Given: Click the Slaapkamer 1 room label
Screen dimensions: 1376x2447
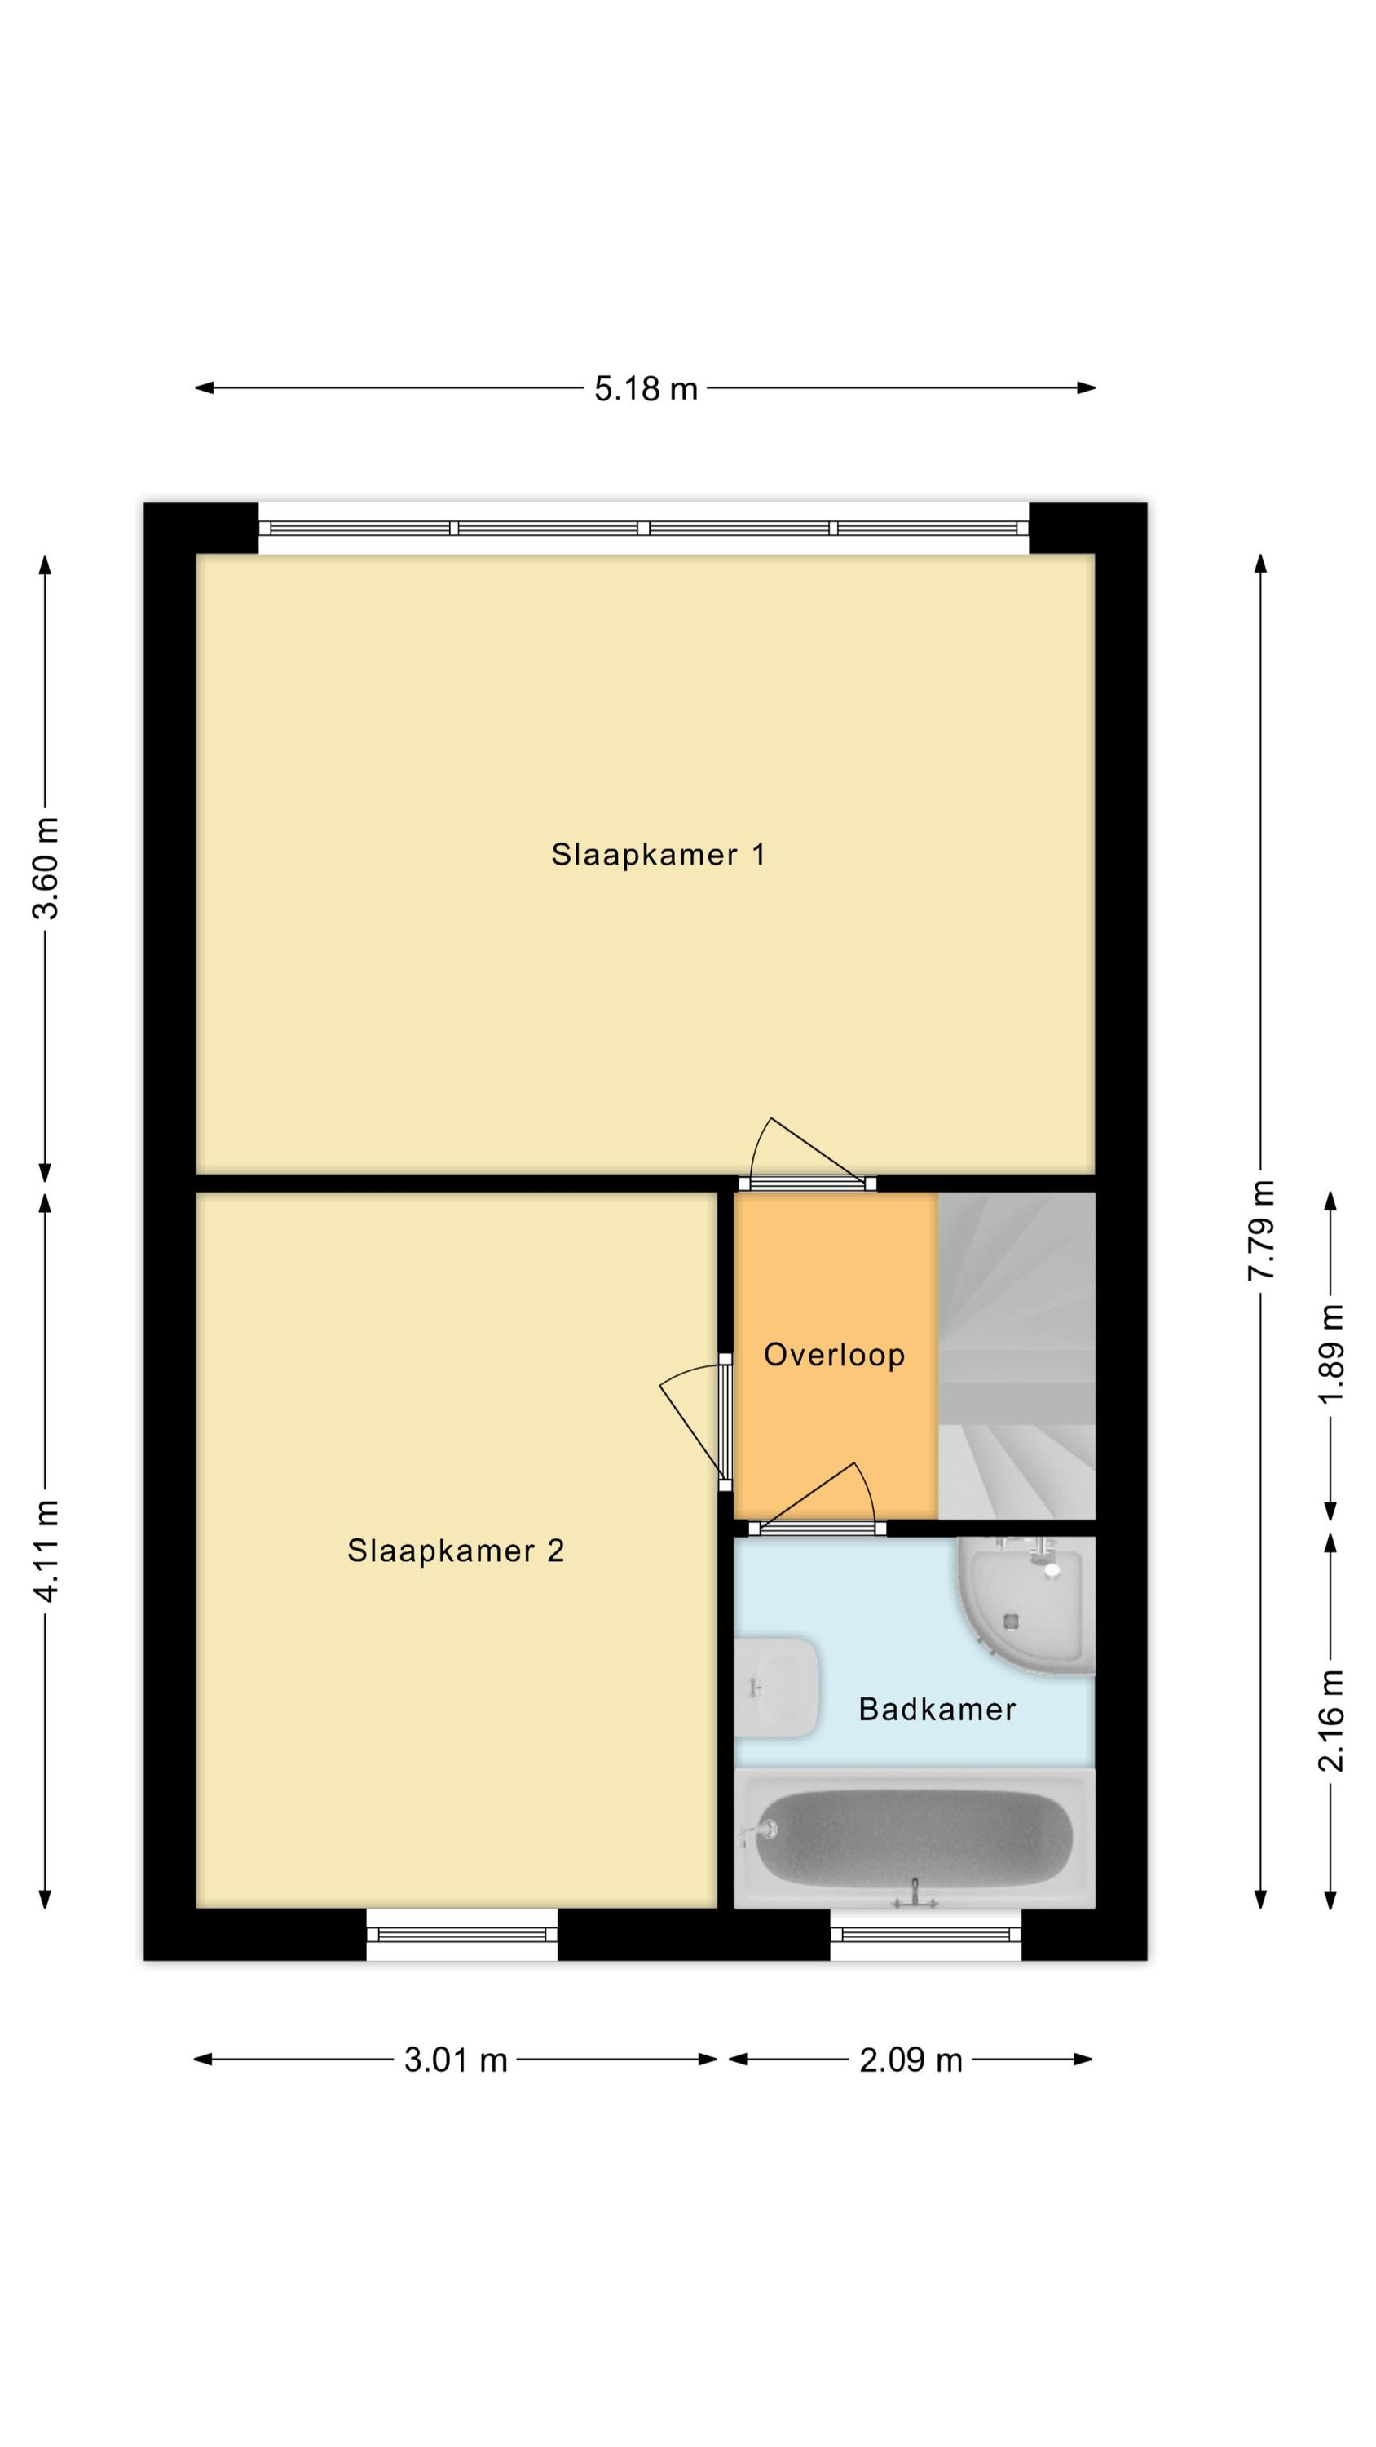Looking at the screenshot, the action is tap(658, 854).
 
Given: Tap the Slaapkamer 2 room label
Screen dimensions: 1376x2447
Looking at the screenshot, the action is tap(456, 1551).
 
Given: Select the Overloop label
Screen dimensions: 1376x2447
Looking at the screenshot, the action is tap(834, 1355).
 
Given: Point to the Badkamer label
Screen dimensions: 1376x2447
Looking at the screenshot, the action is tap(937, 1709).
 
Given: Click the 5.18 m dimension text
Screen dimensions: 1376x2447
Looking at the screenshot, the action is tap(646, 388).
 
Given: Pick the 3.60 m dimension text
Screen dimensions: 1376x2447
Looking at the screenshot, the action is tap(46, 867).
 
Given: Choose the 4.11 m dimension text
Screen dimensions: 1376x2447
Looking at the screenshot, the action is tap(46, 1551).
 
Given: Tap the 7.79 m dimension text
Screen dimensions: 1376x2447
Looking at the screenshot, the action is tap(1261, 1230).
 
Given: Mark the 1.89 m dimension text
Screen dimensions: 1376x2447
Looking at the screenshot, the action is tap(1330, 1352).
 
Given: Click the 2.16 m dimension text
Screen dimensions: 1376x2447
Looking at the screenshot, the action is tap(1330, 1720).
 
